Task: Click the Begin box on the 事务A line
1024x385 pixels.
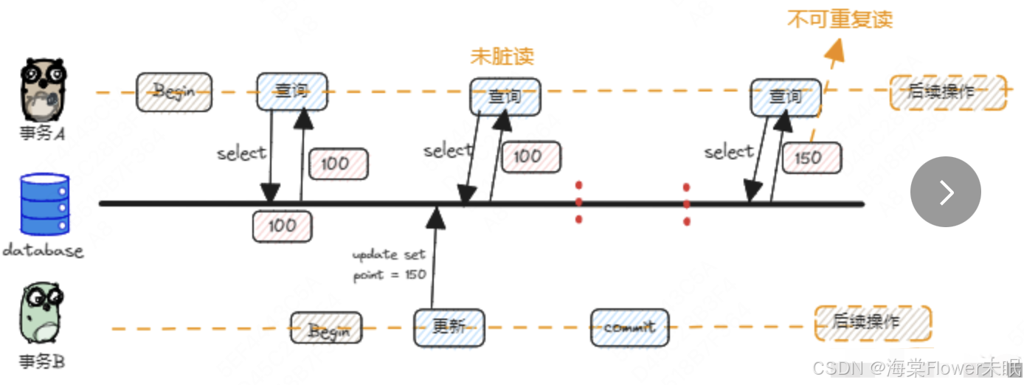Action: pos(173,91)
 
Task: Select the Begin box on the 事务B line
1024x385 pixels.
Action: pos(326,328)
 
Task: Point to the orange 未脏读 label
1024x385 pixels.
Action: pos(502,57)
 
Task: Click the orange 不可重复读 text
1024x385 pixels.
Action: pos(840,19)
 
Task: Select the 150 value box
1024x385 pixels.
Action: pos(812,157)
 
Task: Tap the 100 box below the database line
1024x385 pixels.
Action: pos(282,226)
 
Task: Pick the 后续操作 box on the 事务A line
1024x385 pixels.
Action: pos(947,93)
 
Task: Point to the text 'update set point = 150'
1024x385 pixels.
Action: pos(389,265)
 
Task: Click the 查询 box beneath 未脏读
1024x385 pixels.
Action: pos(505,96)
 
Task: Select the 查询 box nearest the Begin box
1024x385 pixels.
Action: pos(291,91)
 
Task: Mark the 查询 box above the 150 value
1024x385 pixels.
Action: pos(785,97)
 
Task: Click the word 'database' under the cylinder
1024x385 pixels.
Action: pos(43,251)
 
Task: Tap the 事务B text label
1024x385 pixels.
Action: pos(41,362)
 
